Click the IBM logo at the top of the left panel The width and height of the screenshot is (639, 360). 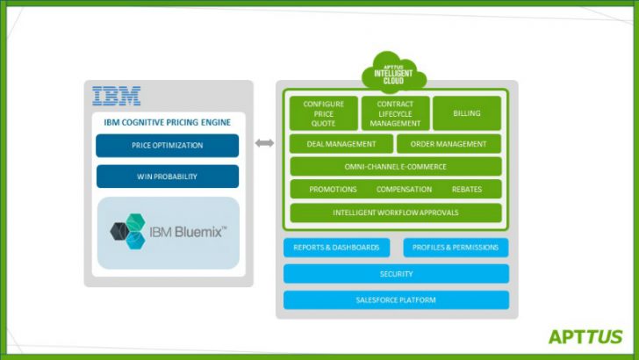point(117,96)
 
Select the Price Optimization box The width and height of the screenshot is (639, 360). point(167,146)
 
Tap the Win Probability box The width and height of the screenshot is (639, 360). point(167,176)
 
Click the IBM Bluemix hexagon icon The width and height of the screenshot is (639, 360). point(128,232)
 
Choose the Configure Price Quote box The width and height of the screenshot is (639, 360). point(324,113)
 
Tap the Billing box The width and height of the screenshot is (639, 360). point(466,113)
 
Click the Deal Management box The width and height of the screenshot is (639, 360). point(341,144)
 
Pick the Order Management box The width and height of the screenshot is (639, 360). point(449,144)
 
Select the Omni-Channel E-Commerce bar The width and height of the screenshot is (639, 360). point(396,167)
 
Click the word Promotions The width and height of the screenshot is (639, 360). point(333,190)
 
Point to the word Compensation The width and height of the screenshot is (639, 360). point(404,190)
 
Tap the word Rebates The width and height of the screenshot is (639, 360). point(466,190)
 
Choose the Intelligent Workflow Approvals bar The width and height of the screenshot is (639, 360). point(396,212)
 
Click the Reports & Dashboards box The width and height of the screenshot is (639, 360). point(336,248)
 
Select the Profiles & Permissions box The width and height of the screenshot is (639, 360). point(456,248)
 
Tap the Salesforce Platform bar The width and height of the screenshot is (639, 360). point(396,300)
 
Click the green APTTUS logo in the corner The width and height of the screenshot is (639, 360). point(585,336)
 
